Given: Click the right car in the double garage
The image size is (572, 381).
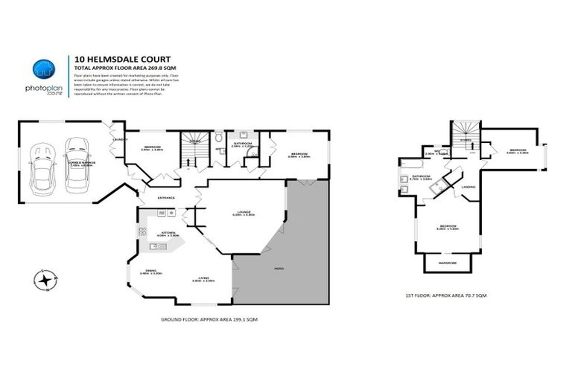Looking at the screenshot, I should click(x=76, y=163).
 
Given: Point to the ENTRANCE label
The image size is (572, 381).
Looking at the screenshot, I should click(x=165, y=197).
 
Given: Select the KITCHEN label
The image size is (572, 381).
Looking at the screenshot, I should click(x=169, y=233).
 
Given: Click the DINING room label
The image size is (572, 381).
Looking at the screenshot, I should click(x=151, y=272).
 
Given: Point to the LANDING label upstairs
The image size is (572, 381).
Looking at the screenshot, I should click(x=468, y=187).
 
